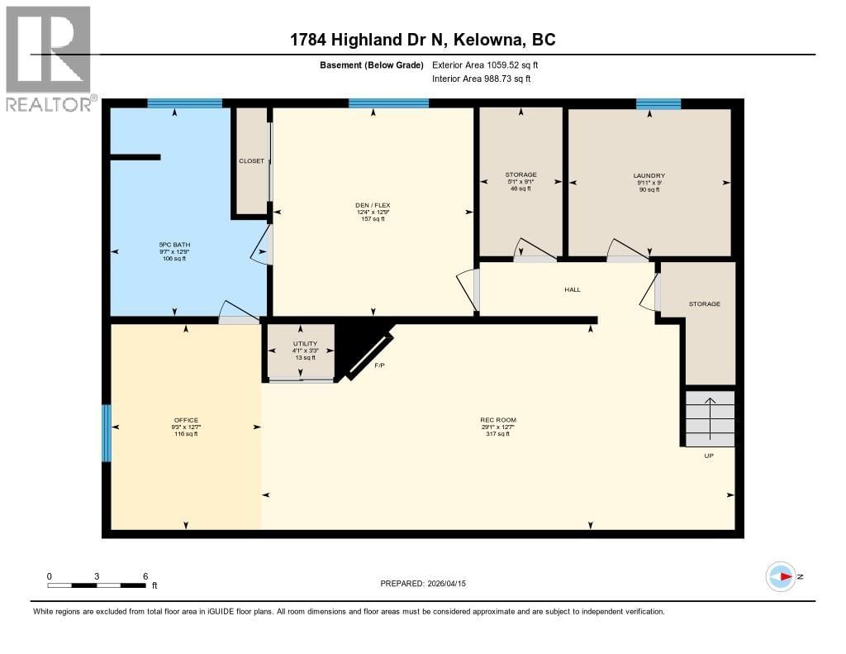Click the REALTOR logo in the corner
click(49, 58)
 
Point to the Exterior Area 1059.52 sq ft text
click(486, 64)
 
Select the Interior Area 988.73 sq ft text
click(482, 79)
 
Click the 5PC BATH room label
click(173, 245)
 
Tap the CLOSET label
click(251, 160)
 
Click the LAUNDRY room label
click(649, 175)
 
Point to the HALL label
click(573, 289)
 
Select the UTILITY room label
click(305, 344)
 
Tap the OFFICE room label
click(186, 420)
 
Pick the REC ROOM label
click(498, 420)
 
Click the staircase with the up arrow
click(710, 418)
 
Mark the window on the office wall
click(106, 433)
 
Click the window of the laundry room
click(658, 104)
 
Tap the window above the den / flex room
click(388, 104)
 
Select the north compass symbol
click(781, 576)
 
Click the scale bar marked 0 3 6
click(97, 585)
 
